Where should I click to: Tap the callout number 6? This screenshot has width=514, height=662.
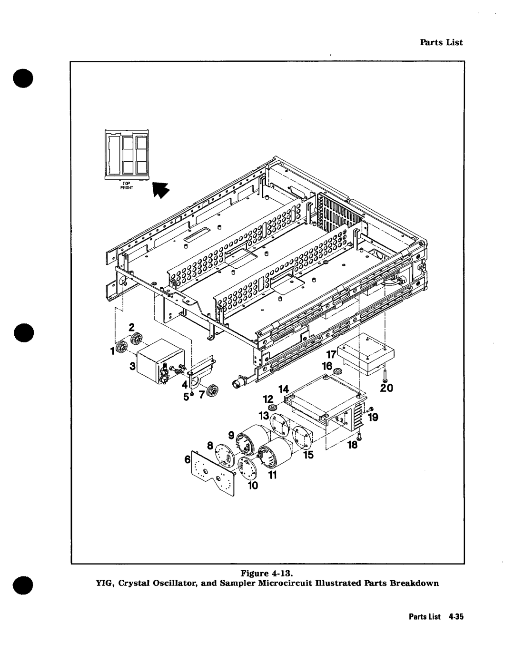[x=188, y=460]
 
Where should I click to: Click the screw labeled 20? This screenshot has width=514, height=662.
[x=384, y=376]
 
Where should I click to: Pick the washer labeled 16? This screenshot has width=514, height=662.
[x=338, y=370]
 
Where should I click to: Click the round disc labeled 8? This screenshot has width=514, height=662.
[x=224, y=453]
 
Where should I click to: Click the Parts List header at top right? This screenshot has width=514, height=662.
[x=441, y=42]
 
